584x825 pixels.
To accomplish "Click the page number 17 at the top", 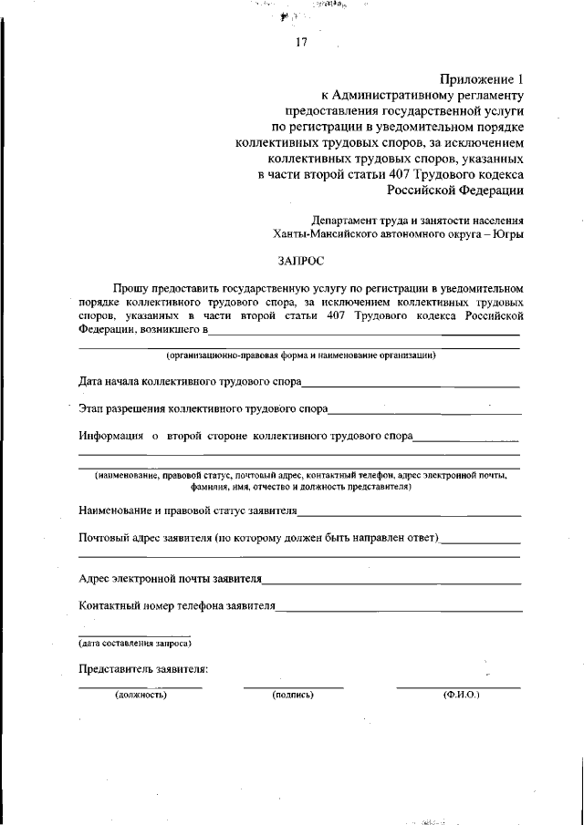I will tap(302, 43).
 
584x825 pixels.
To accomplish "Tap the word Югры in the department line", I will tap(508, 233).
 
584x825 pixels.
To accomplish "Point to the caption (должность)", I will tap(140, 695).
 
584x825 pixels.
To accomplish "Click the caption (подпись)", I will tap(293, 695).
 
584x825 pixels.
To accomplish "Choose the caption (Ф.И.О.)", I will tap(461, 695).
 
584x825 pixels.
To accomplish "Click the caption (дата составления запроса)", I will tap(134, 644).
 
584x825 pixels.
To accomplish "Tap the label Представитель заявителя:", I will tap(143, 669).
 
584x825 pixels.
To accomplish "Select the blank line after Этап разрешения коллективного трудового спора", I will tap(424, 411).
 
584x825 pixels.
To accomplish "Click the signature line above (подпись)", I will tap(293, 686).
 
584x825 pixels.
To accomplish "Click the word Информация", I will tap(111, 437).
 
